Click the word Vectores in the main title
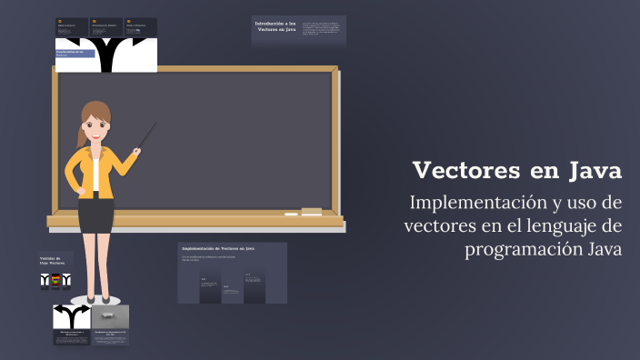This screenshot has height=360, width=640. (465, 170)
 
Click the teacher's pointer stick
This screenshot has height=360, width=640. (146, 136)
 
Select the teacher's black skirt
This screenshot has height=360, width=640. (95, 212)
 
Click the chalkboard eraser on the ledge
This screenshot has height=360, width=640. (311, 211)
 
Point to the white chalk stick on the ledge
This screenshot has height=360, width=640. (291, 215)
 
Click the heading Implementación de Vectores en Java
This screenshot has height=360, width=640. (218, 247)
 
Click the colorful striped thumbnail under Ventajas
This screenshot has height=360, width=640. (55, 280)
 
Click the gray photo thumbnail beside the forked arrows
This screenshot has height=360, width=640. (110, 316)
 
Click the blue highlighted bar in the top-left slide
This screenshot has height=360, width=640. (75, 54)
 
